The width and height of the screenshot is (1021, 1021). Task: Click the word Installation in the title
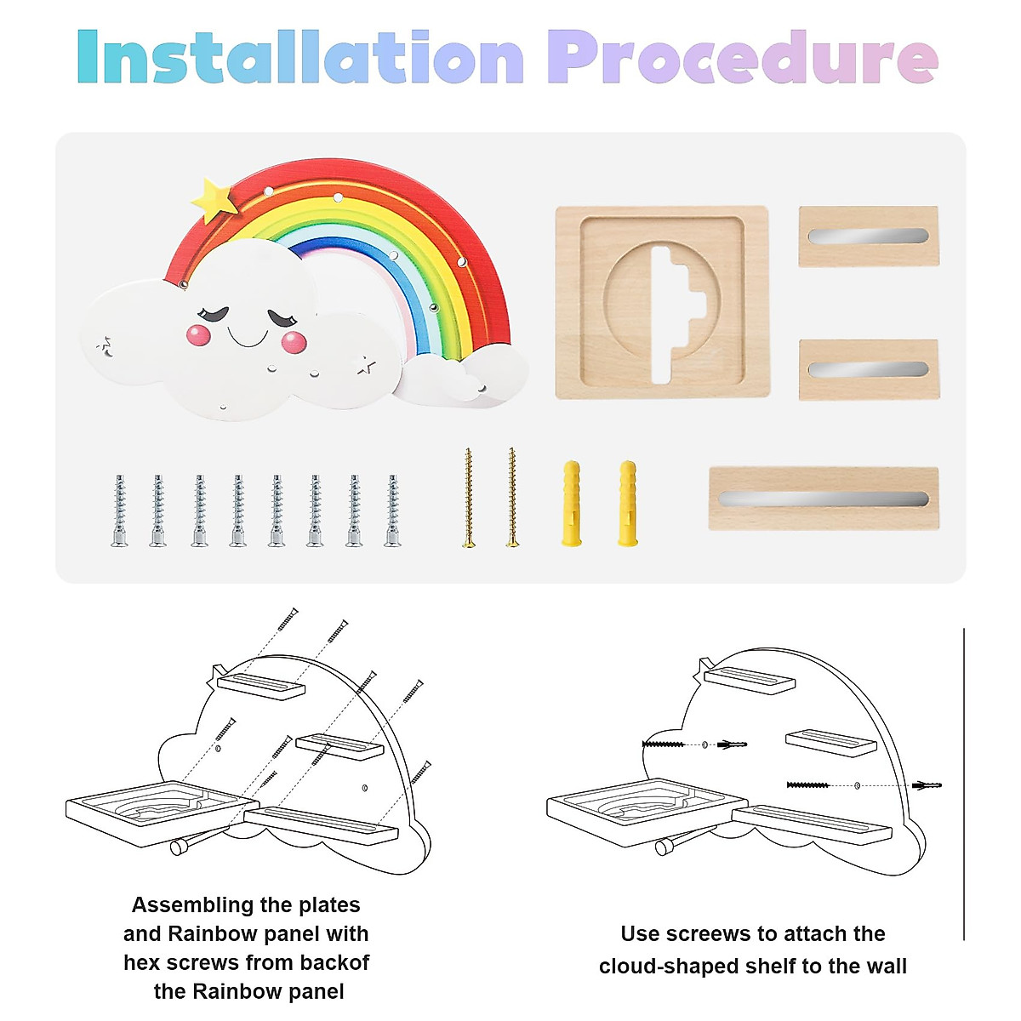(300, 58)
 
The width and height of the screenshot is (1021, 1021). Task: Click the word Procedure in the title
(742, 58)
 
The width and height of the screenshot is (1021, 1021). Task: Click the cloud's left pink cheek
(199, 335)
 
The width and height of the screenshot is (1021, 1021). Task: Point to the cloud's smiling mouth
(248, 339)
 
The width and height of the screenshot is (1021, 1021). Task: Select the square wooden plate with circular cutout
(662, 302)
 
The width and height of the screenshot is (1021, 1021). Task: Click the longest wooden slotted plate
(824, 499)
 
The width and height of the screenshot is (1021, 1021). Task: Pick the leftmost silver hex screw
(120, 510)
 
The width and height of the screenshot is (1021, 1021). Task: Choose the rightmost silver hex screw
(392, 510)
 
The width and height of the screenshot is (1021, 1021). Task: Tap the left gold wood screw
(468, 499)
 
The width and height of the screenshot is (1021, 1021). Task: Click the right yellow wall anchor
(627, 504)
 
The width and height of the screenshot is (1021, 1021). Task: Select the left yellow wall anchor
(572, 504)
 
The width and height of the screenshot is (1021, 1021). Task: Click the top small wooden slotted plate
(868, 236)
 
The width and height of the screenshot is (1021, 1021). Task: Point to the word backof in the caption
(332, 962)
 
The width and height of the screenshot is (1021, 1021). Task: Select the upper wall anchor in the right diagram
(732, 744)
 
